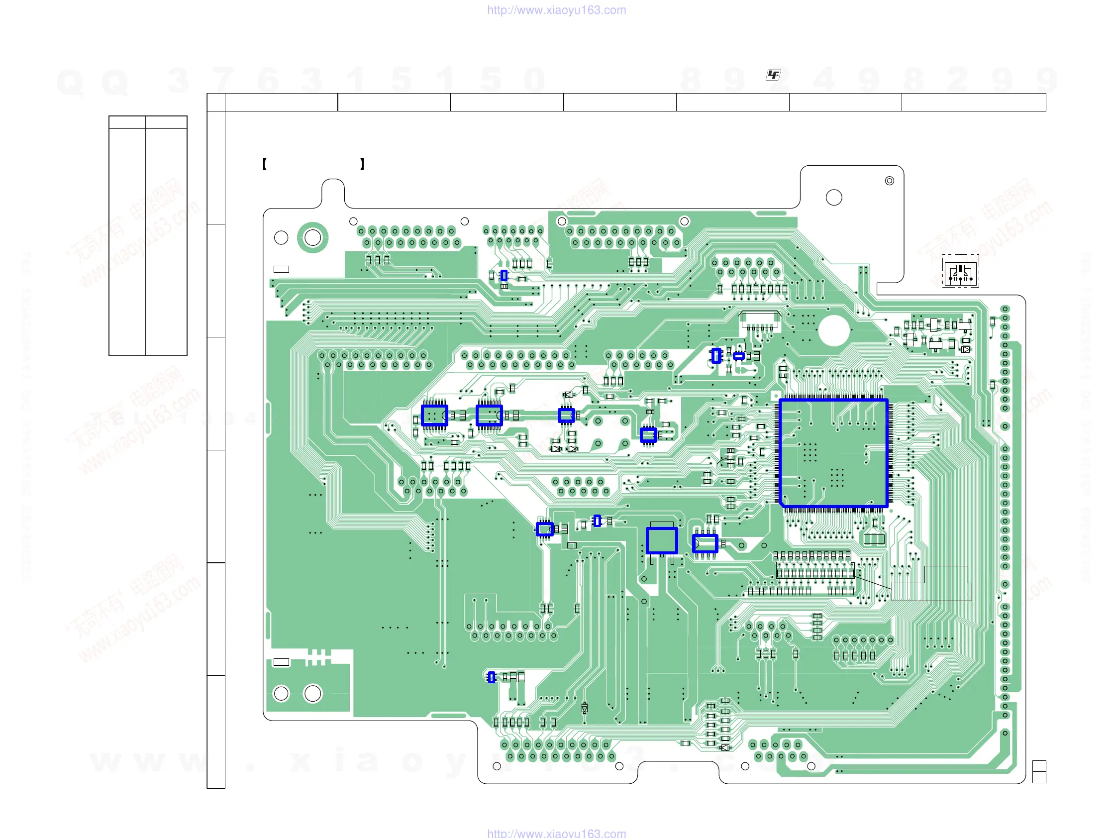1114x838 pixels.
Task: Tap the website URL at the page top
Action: (556, 10)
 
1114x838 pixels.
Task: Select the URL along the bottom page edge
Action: (556, 833)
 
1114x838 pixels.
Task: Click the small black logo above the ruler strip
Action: (773, 75)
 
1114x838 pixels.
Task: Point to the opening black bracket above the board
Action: (264, 164)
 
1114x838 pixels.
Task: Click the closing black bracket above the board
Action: (362, 164)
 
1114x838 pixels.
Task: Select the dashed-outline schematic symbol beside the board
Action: (960, 271)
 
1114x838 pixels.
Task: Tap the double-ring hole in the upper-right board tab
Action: (890, 181)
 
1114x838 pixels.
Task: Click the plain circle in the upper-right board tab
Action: (834, 198)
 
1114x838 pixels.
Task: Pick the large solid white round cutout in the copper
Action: (834, 330)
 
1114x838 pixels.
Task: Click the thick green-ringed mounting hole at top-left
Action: (313, 238)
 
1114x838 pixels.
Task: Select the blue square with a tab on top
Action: (662, 540)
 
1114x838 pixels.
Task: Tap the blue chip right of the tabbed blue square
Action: (705, 544)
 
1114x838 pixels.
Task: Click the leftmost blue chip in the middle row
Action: (435, 416)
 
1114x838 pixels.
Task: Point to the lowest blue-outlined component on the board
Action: (492, 677)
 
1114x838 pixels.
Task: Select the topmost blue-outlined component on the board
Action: (504, 276)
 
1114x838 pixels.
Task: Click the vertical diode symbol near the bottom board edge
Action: (584, 709)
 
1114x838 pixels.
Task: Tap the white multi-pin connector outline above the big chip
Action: (760, 319)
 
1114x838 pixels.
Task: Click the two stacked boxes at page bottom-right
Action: (1039, 771)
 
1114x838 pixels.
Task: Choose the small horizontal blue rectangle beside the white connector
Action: (739, 356)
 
